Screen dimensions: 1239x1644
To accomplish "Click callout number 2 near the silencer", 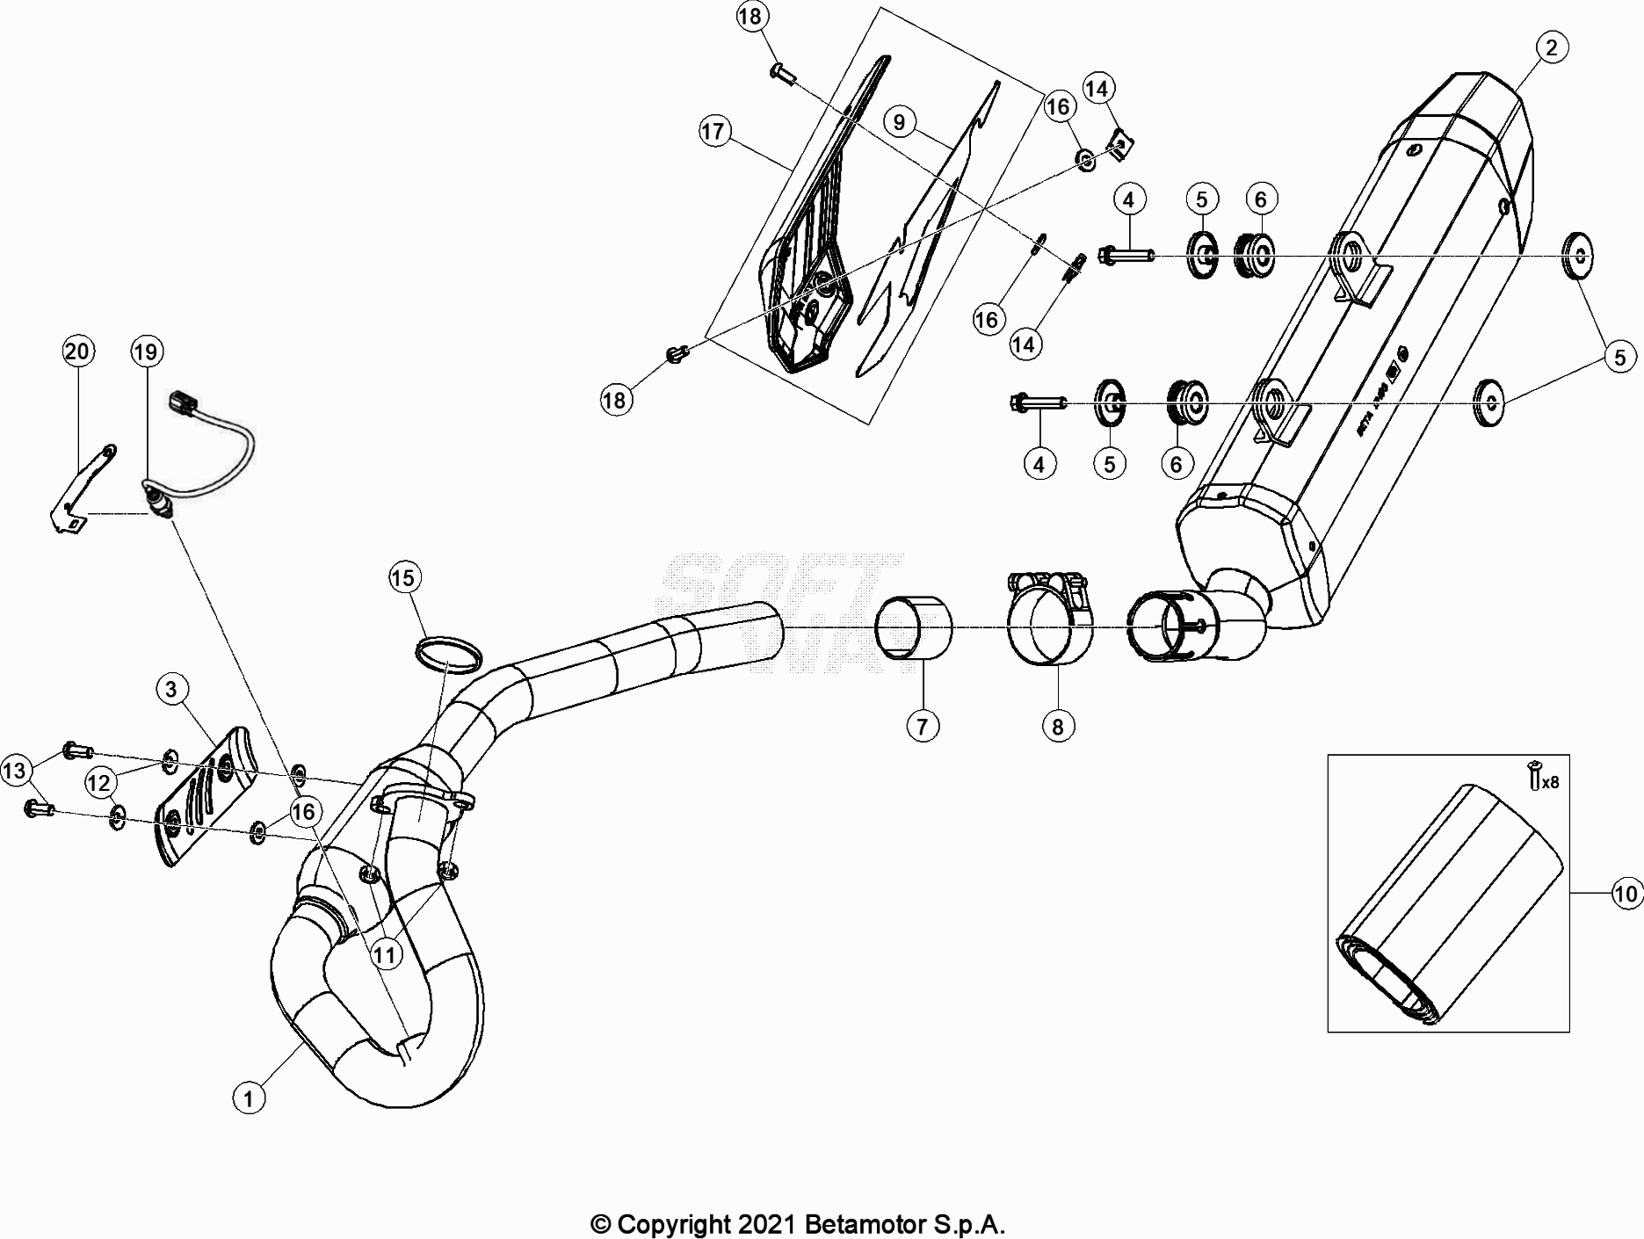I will (x=1551, y=47).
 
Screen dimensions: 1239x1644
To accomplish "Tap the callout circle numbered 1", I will (x=249, y=1098).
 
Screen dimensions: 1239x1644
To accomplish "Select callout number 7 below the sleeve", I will (x=922, y=726).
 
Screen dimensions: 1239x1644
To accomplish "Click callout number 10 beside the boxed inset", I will (x=1626, y=894).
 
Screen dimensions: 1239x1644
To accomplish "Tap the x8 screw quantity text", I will (x=1550, y=781).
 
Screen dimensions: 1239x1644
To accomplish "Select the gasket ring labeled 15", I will (x=448, y=654).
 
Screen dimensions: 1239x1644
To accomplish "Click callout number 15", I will (x=403, y=577).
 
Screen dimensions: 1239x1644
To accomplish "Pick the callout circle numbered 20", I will (x=77, y=351).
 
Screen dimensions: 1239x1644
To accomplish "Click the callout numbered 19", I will (x=146, y=351).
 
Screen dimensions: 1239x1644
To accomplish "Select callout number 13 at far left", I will (x=15, y=771).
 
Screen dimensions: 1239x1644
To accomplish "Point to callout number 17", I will (x=713, y=132).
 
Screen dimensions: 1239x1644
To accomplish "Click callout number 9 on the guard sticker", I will (x=899, y=121).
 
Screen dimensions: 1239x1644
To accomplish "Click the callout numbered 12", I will (x=100, y=781).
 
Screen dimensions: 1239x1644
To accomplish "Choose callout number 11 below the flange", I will (x=387, y=954).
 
